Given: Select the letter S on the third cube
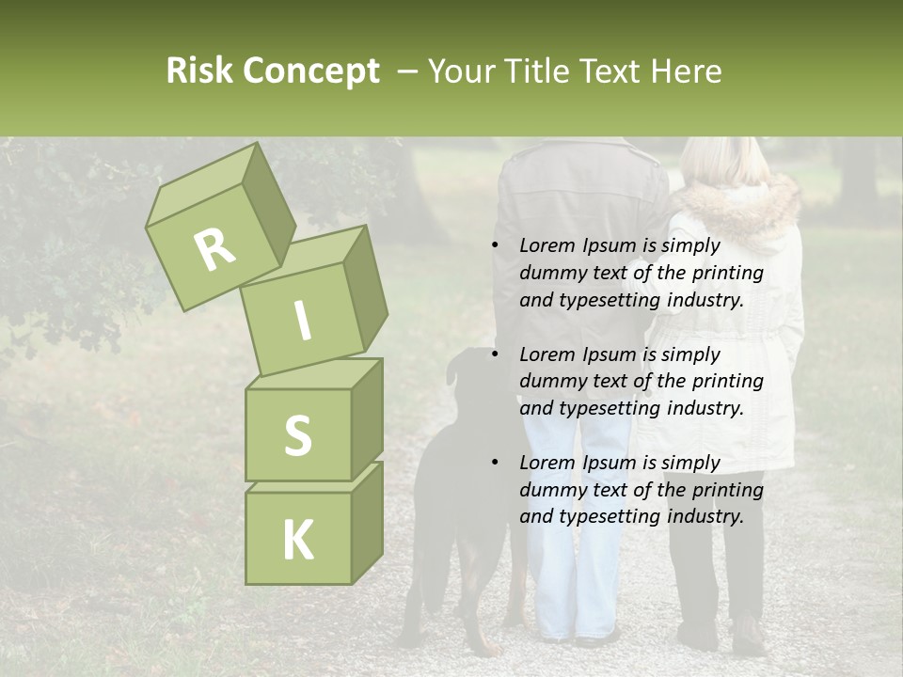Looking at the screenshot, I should coord(297,435).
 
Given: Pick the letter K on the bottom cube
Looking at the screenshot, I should coord(297,541).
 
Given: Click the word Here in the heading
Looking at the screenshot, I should coord(685,71).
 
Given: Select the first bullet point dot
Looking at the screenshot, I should coord(495,246).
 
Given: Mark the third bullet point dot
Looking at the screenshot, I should coord(495,464).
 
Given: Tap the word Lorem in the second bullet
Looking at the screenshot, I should coord(547,354).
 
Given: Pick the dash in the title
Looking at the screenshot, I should coord(408,71).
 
